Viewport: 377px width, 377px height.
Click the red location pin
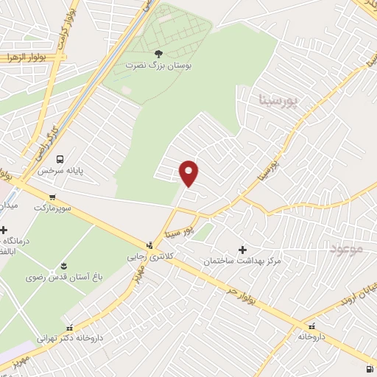(190, 172)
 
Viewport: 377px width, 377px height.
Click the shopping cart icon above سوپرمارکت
(52, 196)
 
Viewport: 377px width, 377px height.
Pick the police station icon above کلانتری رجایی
(150, 245)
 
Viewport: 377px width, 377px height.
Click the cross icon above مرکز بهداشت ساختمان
(243, 250)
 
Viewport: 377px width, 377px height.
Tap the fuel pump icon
(368, 368)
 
